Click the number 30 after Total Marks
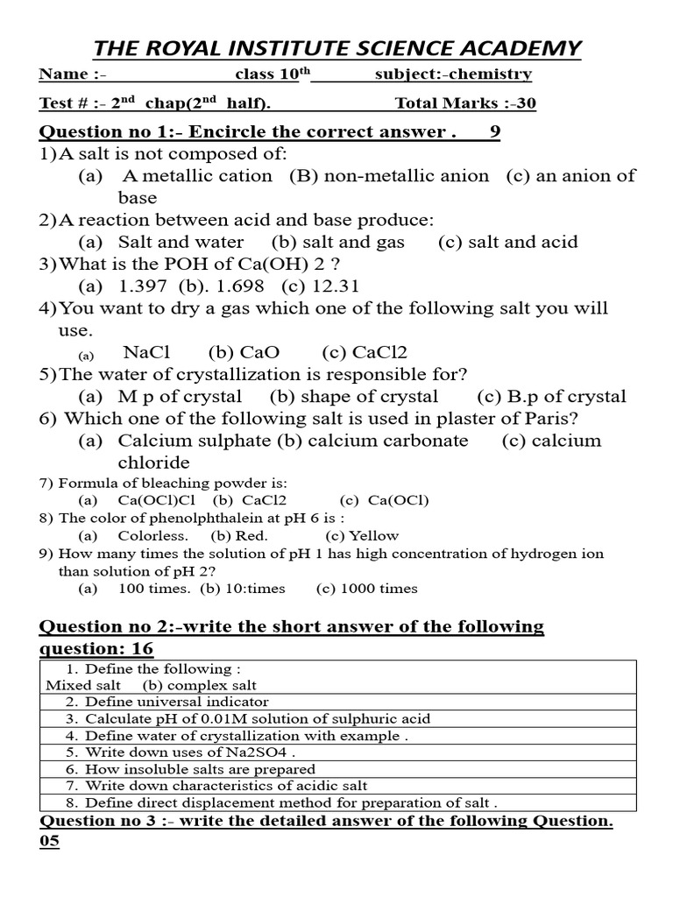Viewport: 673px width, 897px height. click(x=526, y=103)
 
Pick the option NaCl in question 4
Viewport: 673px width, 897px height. click(x=146, y=353)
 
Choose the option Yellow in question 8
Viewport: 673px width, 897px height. click(x=373, y=536)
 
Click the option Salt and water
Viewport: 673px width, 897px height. click(x=181, y=243)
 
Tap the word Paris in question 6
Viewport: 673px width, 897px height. click(x=553, y=419)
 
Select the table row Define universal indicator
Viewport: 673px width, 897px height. click(x=177, y=702)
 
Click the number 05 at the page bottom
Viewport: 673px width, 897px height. click(x=49, y=843)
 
